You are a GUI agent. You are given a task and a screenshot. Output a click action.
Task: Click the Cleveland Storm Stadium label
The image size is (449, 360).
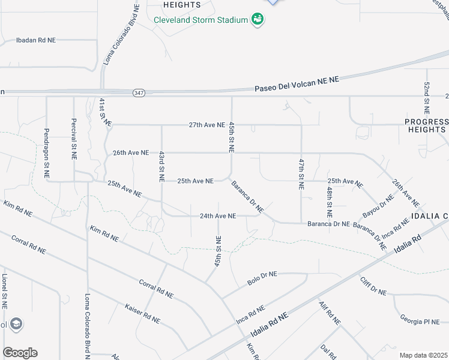(x=200, y=20)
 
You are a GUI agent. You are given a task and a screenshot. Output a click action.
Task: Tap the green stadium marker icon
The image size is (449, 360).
(x=258, y=20)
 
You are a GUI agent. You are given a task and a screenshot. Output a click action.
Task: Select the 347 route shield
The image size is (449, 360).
(x=139, y=92)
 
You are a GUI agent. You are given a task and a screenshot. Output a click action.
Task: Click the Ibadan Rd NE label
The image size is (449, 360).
(x=35, y=40)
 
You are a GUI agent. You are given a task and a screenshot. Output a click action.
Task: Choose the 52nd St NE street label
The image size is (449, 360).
(x=427, y=98)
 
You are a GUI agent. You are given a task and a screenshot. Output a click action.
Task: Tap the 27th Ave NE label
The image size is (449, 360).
(x=206, y=125)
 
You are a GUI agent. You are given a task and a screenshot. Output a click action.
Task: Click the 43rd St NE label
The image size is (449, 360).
(x=161, y=166)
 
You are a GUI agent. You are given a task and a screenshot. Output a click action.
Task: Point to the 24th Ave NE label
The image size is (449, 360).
(x=218, y=215)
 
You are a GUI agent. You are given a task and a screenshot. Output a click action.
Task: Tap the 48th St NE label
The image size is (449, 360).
(x=330, y=202)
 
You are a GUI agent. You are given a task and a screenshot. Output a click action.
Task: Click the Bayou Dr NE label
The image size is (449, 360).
(x=378, y=206)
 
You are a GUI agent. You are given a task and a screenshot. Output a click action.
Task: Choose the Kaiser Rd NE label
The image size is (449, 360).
(x=142, y=312)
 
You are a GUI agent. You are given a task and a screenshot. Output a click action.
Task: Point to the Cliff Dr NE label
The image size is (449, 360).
(x=373, y=285)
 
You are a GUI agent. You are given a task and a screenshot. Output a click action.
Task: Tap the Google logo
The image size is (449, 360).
(x=20, y=353)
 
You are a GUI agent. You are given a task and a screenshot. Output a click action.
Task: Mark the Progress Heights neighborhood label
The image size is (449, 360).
(x=426, y=125)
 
